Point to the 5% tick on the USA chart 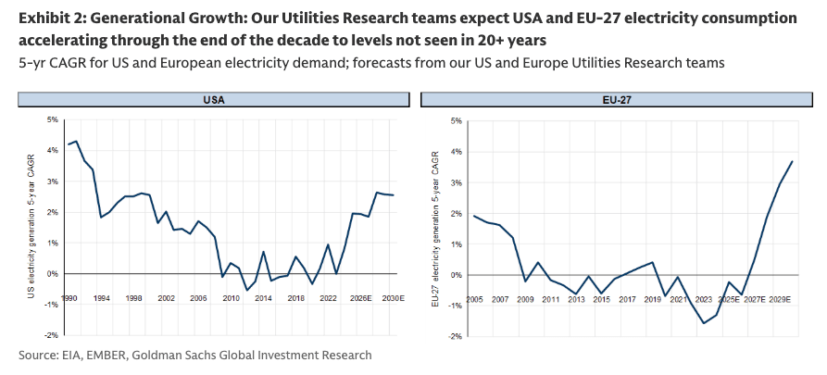(x=53, y=120)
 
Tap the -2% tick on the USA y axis (x=52, y=334)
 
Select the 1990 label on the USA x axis (x=69, y=299)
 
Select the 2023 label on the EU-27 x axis (x=703, y=300)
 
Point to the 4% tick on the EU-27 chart (x=457, y=152)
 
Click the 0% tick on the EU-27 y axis (x=457, y=275)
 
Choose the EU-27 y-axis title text (x=434, y=226)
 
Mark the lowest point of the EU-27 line (x=704, y=323)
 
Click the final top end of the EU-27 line (x=792, y=161)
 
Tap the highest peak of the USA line (x=76, y=142)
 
